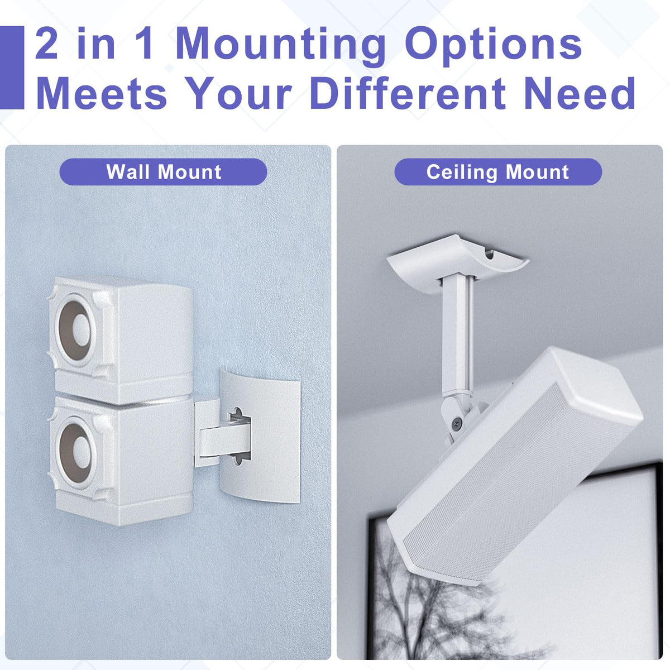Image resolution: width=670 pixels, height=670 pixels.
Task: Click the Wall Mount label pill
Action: (164, 172)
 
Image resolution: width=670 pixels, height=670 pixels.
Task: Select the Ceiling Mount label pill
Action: (498, 172)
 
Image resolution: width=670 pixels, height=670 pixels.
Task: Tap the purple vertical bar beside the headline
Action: (12, 68)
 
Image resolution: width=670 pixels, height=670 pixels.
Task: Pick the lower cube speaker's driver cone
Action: (76, 453)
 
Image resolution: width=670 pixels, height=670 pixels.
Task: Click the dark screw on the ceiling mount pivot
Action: (456, 423)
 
